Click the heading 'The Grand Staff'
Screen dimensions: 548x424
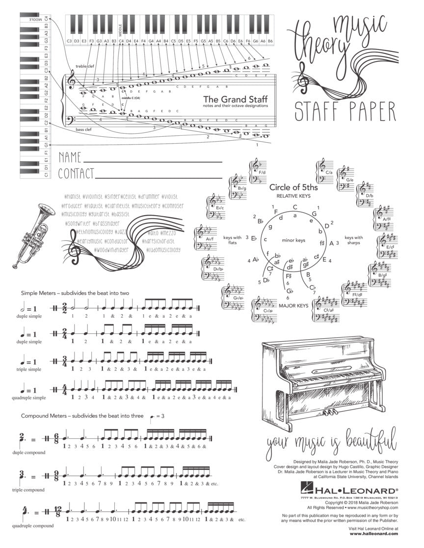[236, 98]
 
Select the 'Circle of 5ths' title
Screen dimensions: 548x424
[293, 187]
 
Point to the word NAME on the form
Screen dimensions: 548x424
[70, 158]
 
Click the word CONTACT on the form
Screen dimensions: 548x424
[76, 174]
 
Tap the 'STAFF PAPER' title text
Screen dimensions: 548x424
[345, 111]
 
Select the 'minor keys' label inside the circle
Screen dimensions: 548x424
[293, 240]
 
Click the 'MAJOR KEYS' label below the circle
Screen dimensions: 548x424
[293, 306]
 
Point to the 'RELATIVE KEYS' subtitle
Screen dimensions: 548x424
[293, 196]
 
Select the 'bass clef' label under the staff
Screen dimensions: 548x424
[83, 129]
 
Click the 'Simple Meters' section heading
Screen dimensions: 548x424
[75, 293]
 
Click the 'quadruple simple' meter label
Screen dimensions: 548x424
[28, 398]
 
